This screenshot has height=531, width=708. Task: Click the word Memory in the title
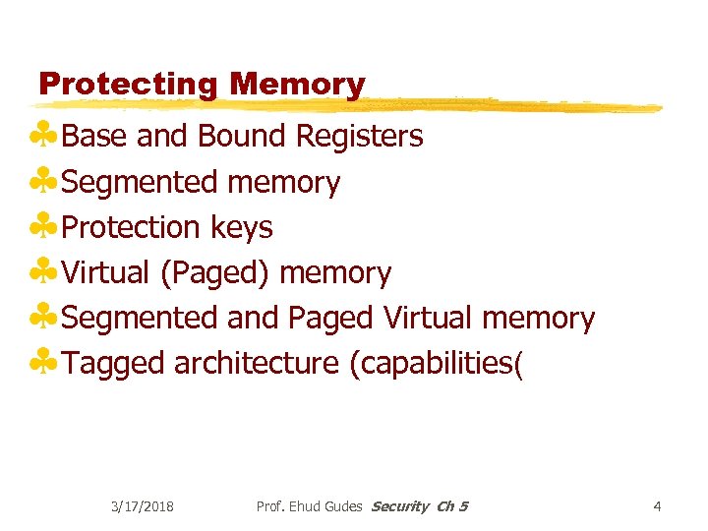point(297,86)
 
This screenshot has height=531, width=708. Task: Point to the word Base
point(96,137)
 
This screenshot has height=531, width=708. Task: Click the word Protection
point(132,227)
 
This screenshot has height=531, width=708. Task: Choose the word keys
point(242,228)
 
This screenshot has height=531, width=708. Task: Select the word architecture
point(256,364)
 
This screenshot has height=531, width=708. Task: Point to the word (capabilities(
point(437,364)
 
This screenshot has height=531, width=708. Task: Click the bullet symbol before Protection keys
point(43,227)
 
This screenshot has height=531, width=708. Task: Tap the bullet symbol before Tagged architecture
point(43,363)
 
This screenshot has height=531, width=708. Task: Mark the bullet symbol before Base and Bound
point(43,136)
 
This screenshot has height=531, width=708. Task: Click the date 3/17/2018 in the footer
point(143,506)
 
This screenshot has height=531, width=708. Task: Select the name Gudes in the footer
point(340,506)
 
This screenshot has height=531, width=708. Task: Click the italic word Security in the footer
point(400,506)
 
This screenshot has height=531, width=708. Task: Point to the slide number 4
point(657,506)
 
